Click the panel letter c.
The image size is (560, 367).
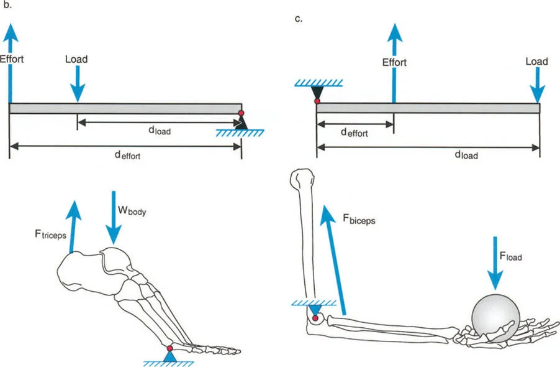(x=299, y=19)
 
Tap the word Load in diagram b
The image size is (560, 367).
(x=76, y=60)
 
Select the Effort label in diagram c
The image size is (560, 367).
(x=394, y=62)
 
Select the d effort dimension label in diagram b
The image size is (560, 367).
(x=127, y=156)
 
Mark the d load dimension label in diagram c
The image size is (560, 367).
(x=466, y=156)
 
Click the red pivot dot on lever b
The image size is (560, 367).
(x=242, y=113)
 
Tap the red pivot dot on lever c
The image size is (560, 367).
(x=317, y=100)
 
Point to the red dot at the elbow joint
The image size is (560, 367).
(x=315, y=319)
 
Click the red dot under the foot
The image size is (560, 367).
(x=169, y=348)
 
